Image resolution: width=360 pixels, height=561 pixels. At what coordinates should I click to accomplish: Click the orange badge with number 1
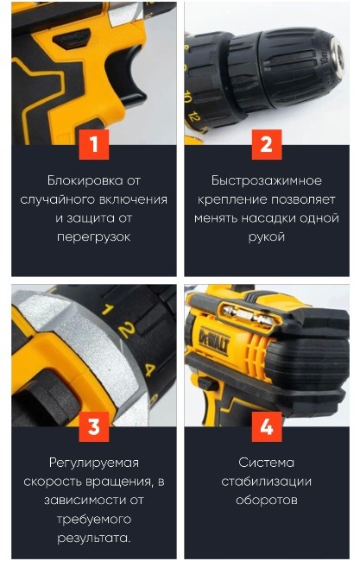[94, 144]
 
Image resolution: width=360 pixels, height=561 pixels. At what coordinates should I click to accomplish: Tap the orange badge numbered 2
[267, 144]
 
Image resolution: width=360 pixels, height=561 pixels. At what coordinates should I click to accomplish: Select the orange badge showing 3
[94, 426]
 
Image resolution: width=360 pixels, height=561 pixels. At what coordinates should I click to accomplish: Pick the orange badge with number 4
[267, 426]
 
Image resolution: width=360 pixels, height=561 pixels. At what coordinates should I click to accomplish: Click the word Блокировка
[85, 180]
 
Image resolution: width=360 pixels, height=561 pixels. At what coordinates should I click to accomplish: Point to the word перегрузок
[94, 237]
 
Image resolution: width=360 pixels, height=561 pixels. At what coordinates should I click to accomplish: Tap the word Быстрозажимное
[267, 180]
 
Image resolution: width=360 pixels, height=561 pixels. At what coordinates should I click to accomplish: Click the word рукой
[267, 237]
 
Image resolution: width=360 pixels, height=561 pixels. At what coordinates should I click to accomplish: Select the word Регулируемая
[94, 463]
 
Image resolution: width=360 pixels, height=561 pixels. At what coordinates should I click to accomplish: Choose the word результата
[93, 538]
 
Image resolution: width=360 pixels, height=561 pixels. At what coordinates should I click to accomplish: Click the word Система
[267, 463]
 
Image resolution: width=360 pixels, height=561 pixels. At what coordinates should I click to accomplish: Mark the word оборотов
[267, 501]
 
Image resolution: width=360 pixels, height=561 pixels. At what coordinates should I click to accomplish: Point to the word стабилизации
[267, 482]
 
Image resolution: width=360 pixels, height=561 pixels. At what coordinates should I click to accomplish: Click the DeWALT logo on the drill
[214, 341]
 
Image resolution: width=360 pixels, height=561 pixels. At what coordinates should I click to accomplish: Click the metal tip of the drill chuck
[336, 56]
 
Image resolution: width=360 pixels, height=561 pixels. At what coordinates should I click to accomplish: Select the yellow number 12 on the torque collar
[193, 117]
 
